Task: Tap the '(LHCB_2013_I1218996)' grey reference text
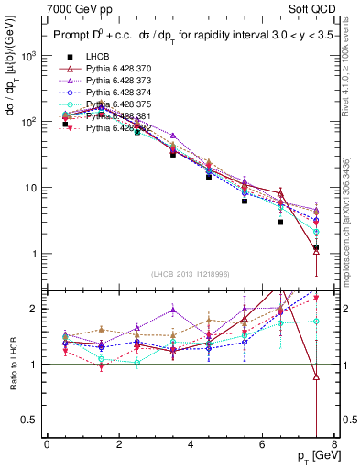coord(190,275)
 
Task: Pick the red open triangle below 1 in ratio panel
coord(316,376)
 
